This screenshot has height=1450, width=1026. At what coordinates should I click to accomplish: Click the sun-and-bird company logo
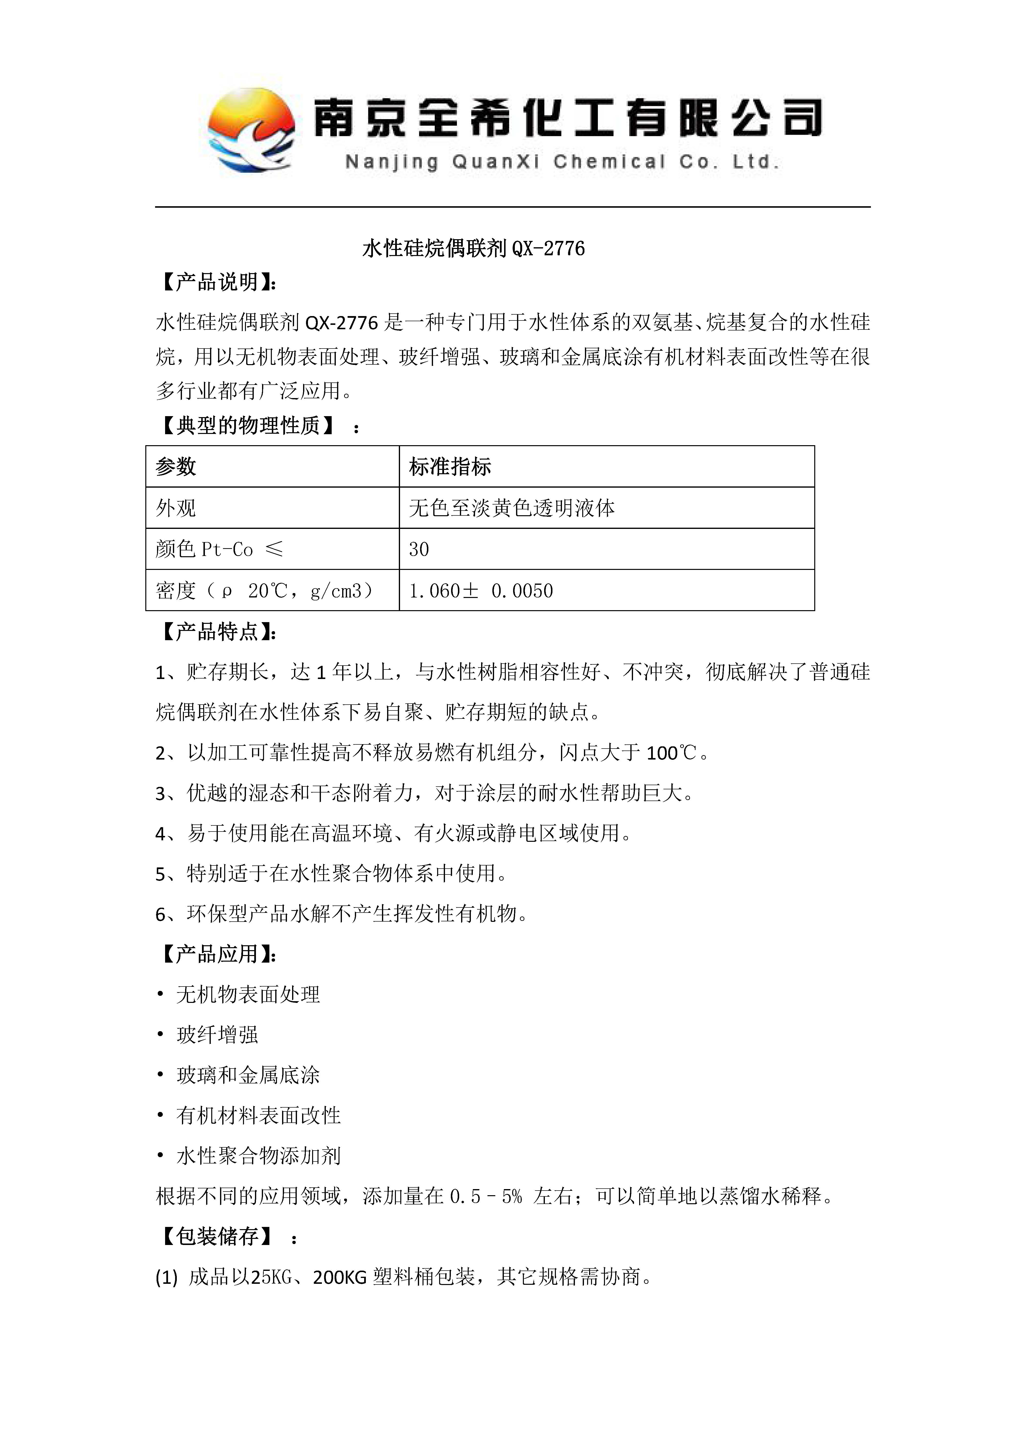coord(252,131)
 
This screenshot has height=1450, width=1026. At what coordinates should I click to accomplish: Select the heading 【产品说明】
coord(217,282)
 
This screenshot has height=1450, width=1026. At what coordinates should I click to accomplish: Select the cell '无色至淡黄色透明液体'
coord(512,508)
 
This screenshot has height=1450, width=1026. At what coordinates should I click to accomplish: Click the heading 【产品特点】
coord(217,632)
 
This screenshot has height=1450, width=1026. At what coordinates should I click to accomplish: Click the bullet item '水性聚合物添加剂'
coord(258,1156)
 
